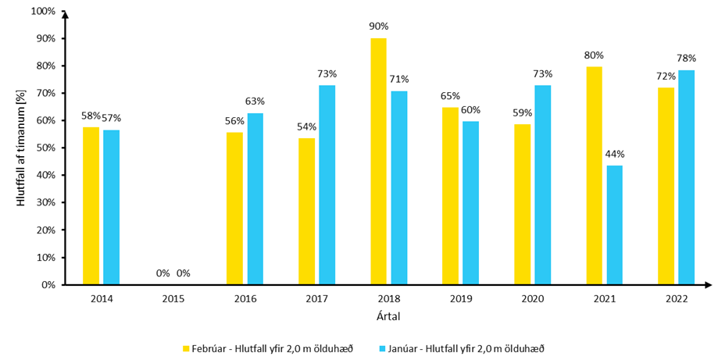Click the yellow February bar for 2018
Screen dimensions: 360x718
pyautogui.click(x=378, y=162)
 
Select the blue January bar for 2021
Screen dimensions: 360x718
pyautogui.click(x=614, y=225)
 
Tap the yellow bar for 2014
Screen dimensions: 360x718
pyautogui.click(x=91, y=205)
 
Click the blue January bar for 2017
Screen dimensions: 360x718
pyautogui.click(x=327, y=184)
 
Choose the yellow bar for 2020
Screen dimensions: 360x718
pyautogui.click(x=522, y=204)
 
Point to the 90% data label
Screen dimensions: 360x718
pyautogui.click(x=378, y=27)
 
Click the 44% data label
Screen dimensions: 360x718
pyautogui.click(x=614, y=154)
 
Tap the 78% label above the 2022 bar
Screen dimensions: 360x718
pyautogui.click(x=686, y=59)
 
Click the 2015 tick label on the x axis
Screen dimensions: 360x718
pyautogui.click(x=173, y=299)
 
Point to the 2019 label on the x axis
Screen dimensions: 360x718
pyautogui.click(x=460, y=299)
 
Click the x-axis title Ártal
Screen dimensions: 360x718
pyautogui.click(x=388, y=317)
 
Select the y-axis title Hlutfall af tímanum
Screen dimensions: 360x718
pyautogui.click(x=22, y=148)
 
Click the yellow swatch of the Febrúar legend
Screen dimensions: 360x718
pyautogui.click(x=186, y=348)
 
